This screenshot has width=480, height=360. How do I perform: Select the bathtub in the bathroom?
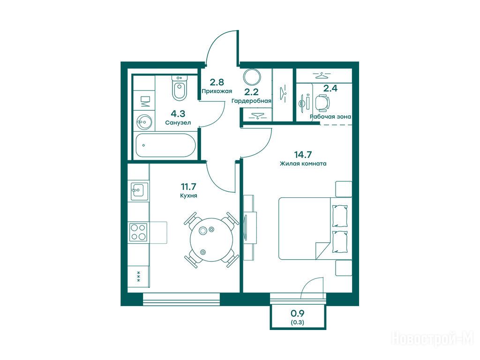[x=165, y=145]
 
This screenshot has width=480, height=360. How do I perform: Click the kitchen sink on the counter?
[x=139, y=191]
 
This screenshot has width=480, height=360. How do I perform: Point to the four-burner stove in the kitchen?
[x=138, y=232]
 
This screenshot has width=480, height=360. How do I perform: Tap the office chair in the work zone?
[x=322, y=103]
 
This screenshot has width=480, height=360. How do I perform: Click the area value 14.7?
[x=303, y=155]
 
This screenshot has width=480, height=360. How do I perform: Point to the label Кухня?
[x=188, y=195]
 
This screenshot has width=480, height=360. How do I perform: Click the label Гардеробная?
[x=251, y=101]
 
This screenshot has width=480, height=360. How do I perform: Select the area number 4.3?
[x=178, y=114]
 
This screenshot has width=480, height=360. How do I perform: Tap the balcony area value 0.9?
[x=297, y=313]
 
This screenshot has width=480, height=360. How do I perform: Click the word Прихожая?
[x=217, y=91]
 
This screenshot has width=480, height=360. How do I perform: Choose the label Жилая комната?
[x=303, y=164]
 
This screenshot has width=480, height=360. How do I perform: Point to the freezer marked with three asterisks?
[x=138, y=277]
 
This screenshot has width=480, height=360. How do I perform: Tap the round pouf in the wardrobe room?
[x=252, y=77]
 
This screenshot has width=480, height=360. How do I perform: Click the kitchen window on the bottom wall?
[x=181, y=299]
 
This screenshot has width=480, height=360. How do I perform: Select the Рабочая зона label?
[x=330, y=117]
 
